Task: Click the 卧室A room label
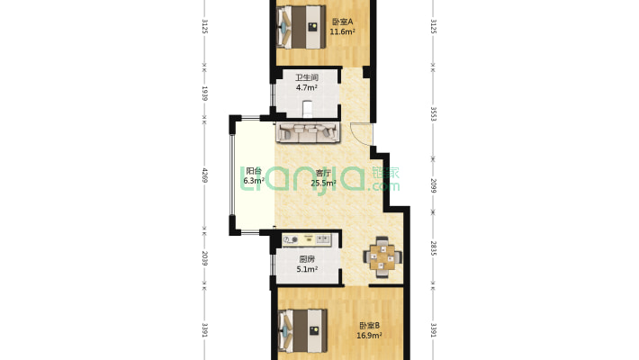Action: [x=342, y=22]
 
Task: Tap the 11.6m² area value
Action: [x=342, y=31]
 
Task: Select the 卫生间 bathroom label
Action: [x=307, y=77]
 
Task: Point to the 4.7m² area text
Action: [x=307, y=87]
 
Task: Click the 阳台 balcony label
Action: [x=254, y=171]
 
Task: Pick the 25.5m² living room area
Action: [x=323, y=183]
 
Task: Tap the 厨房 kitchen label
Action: [x=307, y=259]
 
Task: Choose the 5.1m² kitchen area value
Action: [x=307, y=269]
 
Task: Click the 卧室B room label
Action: [x=369, y=326]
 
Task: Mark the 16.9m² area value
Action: [x=369, y=336]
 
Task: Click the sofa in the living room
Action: [x=308, y=132]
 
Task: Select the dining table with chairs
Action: [x=382, y=257]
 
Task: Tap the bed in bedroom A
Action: [x=301, y=27]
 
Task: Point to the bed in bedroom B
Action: [x=302, y=330]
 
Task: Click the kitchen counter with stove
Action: [x=307, y=239]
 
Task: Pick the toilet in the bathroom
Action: [x=307, y=109]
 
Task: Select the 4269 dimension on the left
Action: [x=205, y=175]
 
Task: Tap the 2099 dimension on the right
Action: [x=433, y=186]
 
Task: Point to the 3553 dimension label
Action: [x=433, y=114]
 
